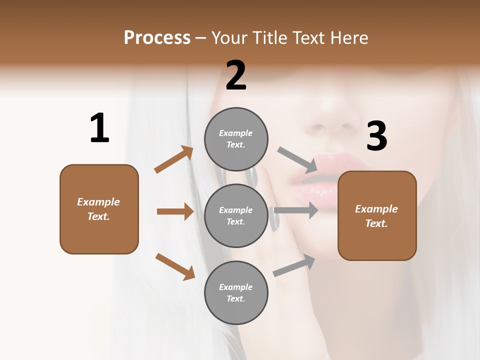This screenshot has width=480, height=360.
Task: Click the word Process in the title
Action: pos(157,38)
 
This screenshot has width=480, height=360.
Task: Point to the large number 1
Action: pos(99,128)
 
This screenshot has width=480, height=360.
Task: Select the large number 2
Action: pos(236,75)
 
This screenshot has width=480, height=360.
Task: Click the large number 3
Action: pos(376,136)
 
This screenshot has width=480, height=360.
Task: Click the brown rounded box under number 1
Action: pos(99,209)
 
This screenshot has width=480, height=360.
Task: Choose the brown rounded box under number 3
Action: pos(377,216)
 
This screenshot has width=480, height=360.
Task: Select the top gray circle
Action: pos(236,139)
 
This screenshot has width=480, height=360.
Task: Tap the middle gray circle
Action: pos(236,215)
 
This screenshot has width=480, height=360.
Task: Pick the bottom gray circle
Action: pos(236,292)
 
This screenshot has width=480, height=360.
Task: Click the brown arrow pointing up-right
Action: pos(174,159)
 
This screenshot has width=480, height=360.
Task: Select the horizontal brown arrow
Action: pos(175,211)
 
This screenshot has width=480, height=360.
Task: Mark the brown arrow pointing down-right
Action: pos(175,266)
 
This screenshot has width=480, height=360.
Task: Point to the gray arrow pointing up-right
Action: pos(294,265)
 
